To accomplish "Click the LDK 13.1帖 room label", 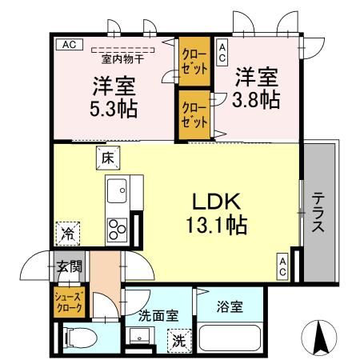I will [x=215, y=213].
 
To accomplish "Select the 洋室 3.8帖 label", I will [x=256, y=88].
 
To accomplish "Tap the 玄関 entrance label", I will [x=68, y=266].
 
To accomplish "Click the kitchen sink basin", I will [x=117, y=192].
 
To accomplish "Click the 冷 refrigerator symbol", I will [x=68, y=234].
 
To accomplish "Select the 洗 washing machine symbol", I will [x=179, y=339].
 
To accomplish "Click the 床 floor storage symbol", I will [x=107, y=158].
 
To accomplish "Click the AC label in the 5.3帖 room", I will [x=69, y=45].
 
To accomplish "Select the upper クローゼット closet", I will [x=194, y=62].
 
